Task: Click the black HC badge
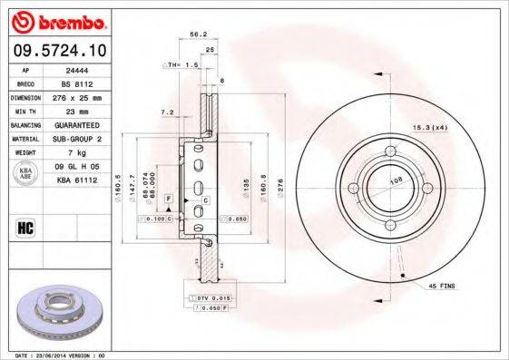click(27, 227)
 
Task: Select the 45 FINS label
click(442, 285)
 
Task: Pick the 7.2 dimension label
click(167, 112)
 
